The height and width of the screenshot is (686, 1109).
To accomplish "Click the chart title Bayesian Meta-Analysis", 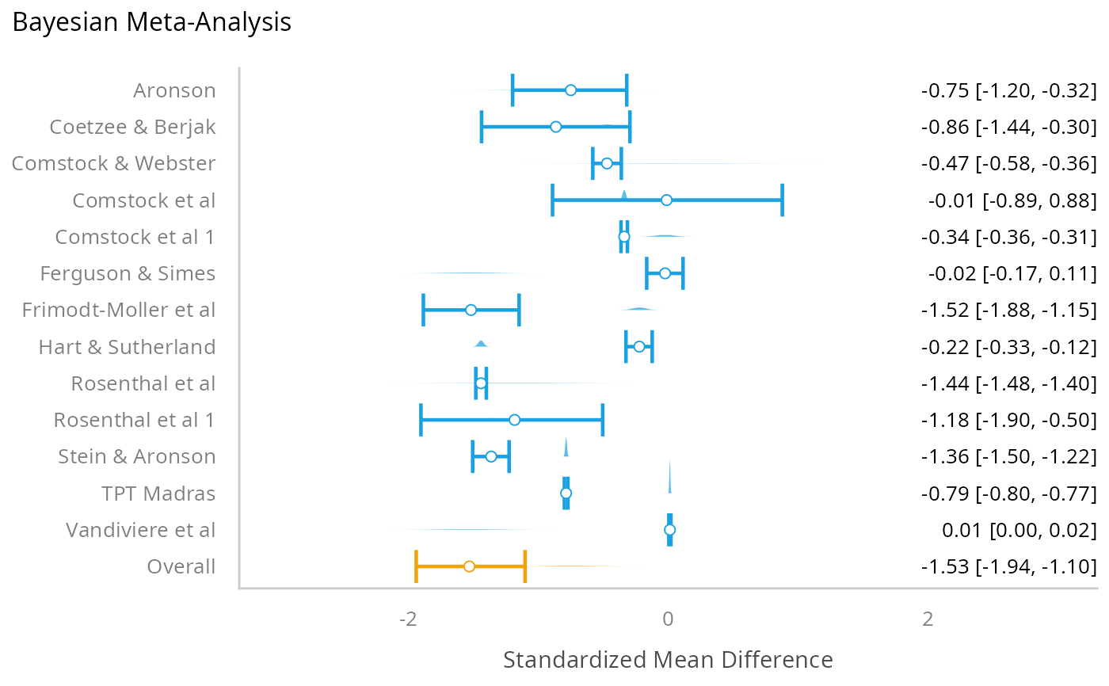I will click(152, 22).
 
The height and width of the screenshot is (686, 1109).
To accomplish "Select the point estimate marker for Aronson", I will click(570, 90).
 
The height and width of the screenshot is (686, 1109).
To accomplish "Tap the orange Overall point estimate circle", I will click(469, 566).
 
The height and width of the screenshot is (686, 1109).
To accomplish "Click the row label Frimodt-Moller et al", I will click(119, 310).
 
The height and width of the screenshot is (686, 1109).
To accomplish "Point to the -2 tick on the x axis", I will click(408, 619).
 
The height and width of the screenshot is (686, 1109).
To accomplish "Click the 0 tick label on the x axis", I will click(668, 619).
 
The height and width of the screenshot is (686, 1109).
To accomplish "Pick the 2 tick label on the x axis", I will click(928, 619).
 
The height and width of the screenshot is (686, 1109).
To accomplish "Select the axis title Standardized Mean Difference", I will click(668, 660).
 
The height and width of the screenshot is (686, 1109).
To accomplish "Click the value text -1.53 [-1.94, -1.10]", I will click(1008, 567).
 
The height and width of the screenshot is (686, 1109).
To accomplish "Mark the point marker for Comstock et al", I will click(666, 200).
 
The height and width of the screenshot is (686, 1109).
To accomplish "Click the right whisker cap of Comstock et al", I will click(782, 200).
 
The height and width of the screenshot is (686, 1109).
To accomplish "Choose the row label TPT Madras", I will click(158, 494).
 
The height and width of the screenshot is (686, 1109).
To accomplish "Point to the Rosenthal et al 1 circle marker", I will click(514, 420).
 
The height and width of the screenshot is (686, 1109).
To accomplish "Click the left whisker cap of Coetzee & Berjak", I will click(482, 127).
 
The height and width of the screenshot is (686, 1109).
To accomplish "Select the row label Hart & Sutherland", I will click(127, 347).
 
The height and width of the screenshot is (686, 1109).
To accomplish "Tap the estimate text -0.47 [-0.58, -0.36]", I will click(1008, 164).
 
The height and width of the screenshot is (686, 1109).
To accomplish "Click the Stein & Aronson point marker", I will click(491, 456).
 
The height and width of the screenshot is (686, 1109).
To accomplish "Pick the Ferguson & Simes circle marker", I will click(665, 273).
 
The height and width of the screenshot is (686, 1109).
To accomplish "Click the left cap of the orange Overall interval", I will click(416, 566).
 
